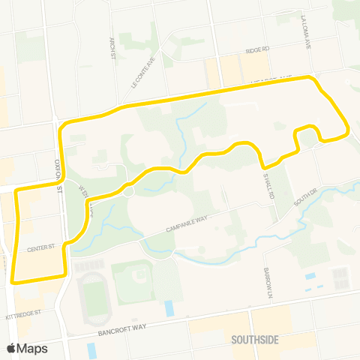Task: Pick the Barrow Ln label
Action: pos(265,281)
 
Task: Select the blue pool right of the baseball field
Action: pos(169,307)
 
